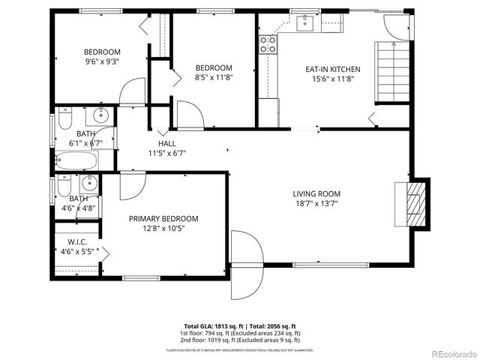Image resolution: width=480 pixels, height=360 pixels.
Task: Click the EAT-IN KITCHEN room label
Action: [x=332, y=69]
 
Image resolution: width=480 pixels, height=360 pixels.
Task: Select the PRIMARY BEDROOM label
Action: [x=163, y=218]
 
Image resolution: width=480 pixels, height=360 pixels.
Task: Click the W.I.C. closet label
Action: [x=78, y=241]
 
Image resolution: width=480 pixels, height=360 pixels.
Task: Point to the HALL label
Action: [x=166, y=143]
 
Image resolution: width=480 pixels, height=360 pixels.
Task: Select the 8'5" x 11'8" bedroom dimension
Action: [x=214, y=76]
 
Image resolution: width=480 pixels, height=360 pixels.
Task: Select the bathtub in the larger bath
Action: [x=76, y=160]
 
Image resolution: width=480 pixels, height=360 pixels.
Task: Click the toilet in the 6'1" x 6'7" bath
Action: [x=63, y=118]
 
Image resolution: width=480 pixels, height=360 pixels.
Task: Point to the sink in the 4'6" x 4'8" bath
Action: [x=89, y=182]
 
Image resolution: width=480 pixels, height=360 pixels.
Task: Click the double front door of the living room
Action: [x=246, y=265]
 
